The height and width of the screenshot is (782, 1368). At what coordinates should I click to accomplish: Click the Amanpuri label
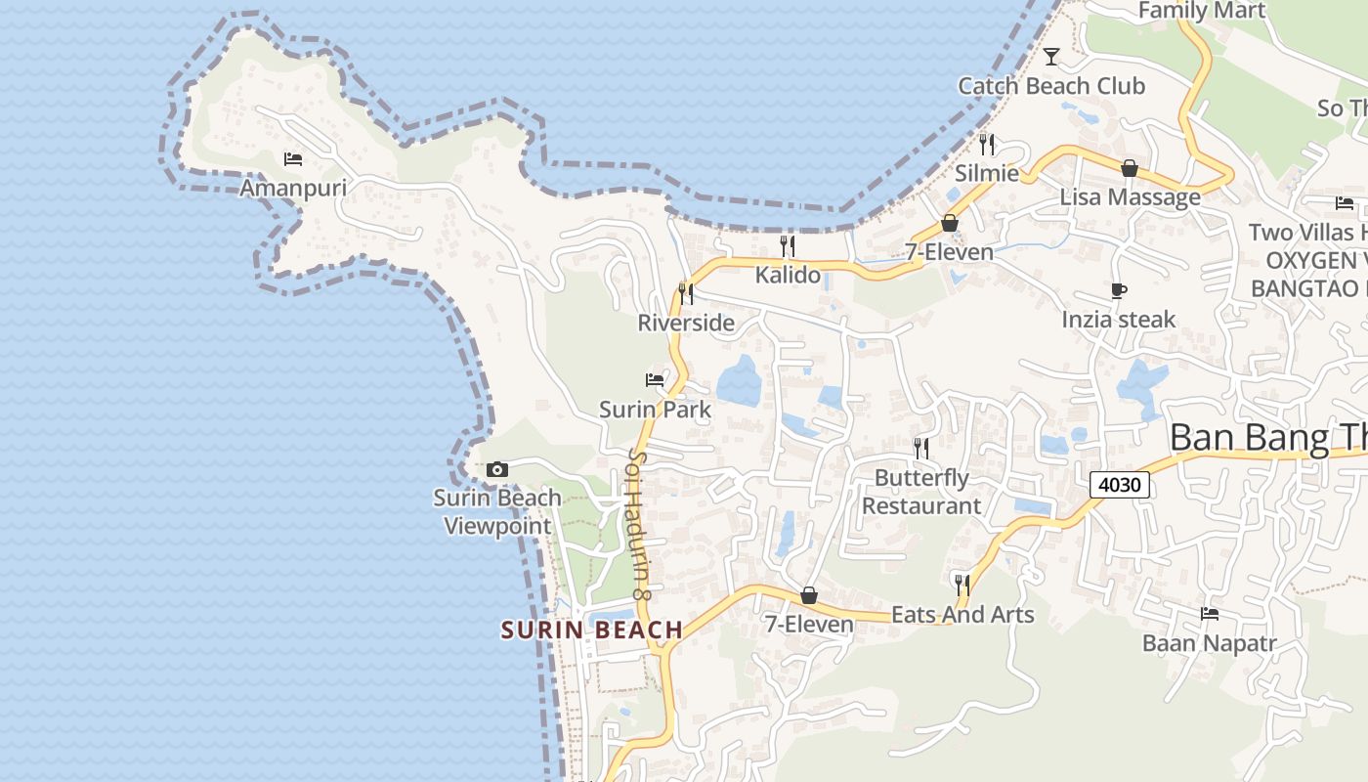293,188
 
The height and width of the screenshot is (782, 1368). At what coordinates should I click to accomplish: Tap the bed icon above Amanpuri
293,158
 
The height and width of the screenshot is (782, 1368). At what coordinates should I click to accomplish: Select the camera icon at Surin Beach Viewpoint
497,470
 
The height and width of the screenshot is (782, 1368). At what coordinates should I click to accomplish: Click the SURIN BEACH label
592,630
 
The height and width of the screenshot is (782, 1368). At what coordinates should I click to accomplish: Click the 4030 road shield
1119,485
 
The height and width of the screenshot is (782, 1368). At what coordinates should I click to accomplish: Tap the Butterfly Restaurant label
921,492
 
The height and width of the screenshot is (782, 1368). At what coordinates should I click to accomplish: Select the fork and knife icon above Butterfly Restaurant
921,448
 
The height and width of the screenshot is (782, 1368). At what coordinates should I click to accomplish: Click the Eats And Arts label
962,615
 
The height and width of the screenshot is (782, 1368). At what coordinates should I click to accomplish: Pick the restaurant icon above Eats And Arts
962,585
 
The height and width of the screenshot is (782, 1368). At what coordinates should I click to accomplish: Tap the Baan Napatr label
1210,643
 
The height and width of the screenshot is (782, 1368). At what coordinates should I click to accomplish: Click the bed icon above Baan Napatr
1210,614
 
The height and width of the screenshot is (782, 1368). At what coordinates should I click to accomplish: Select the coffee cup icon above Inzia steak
1119,290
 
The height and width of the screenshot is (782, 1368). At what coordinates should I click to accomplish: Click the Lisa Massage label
1131,197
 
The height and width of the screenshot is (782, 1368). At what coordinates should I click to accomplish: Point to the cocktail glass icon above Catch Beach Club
1051,56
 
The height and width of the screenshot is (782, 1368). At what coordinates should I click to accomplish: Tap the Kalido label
788,275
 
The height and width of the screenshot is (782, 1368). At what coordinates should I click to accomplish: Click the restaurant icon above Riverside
686,292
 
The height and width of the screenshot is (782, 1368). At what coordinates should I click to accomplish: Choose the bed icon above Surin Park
655,379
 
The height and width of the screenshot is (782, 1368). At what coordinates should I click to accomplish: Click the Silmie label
987,174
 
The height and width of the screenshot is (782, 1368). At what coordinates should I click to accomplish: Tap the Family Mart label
1202,11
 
